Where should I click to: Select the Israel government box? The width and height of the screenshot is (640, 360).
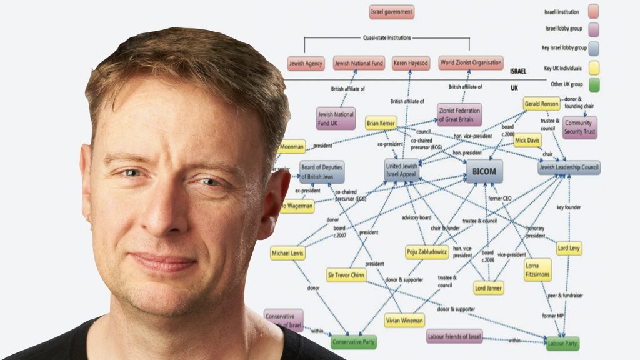391,12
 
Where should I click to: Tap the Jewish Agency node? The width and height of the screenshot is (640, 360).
306,63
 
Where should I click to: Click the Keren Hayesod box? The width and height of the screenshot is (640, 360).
411,63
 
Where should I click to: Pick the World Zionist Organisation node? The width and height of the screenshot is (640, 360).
471,62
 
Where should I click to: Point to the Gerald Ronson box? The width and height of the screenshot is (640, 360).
541,104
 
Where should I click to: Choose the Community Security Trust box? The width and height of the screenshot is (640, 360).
579,127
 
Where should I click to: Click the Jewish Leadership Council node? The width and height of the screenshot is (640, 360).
569,167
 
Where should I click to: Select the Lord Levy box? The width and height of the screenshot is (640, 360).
569,247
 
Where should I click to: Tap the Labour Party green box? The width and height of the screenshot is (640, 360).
562,343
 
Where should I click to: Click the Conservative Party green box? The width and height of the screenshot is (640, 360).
354,342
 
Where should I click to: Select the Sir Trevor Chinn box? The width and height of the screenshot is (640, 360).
346,275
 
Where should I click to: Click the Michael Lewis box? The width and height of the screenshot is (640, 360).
287,253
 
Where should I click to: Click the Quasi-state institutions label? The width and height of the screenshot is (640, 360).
387,37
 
